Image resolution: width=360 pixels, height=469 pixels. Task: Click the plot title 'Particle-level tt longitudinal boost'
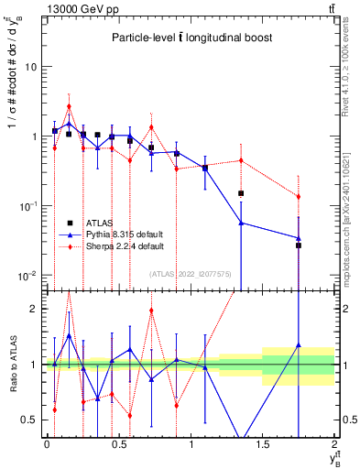[187, 38]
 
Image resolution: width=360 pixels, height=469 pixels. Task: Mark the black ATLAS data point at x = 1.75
[299, 245]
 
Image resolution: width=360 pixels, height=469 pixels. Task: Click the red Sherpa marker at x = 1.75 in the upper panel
[299, 197]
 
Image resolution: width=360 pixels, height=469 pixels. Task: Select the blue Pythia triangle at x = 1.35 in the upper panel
[241, 223]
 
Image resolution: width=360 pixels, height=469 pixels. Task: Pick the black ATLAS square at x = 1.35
[241, 193]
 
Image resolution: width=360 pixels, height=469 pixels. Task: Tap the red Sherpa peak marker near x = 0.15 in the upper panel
[69, 106]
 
